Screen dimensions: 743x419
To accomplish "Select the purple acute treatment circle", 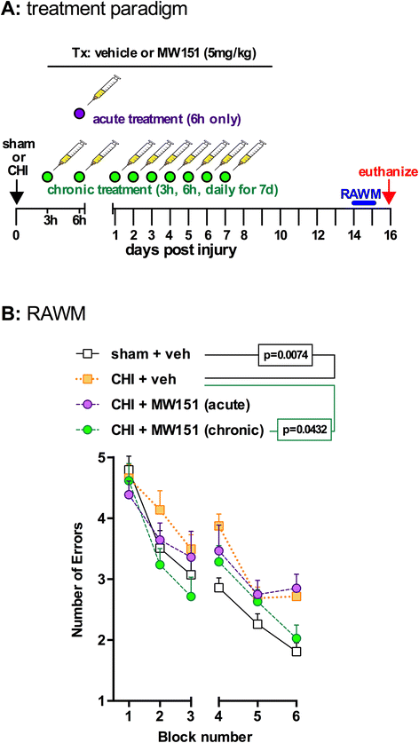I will [x=80, y=115].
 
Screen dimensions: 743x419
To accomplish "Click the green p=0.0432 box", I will [x=311, y=431].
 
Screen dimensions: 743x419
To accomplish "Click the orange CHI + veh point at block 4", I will [x=218, y=526].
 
